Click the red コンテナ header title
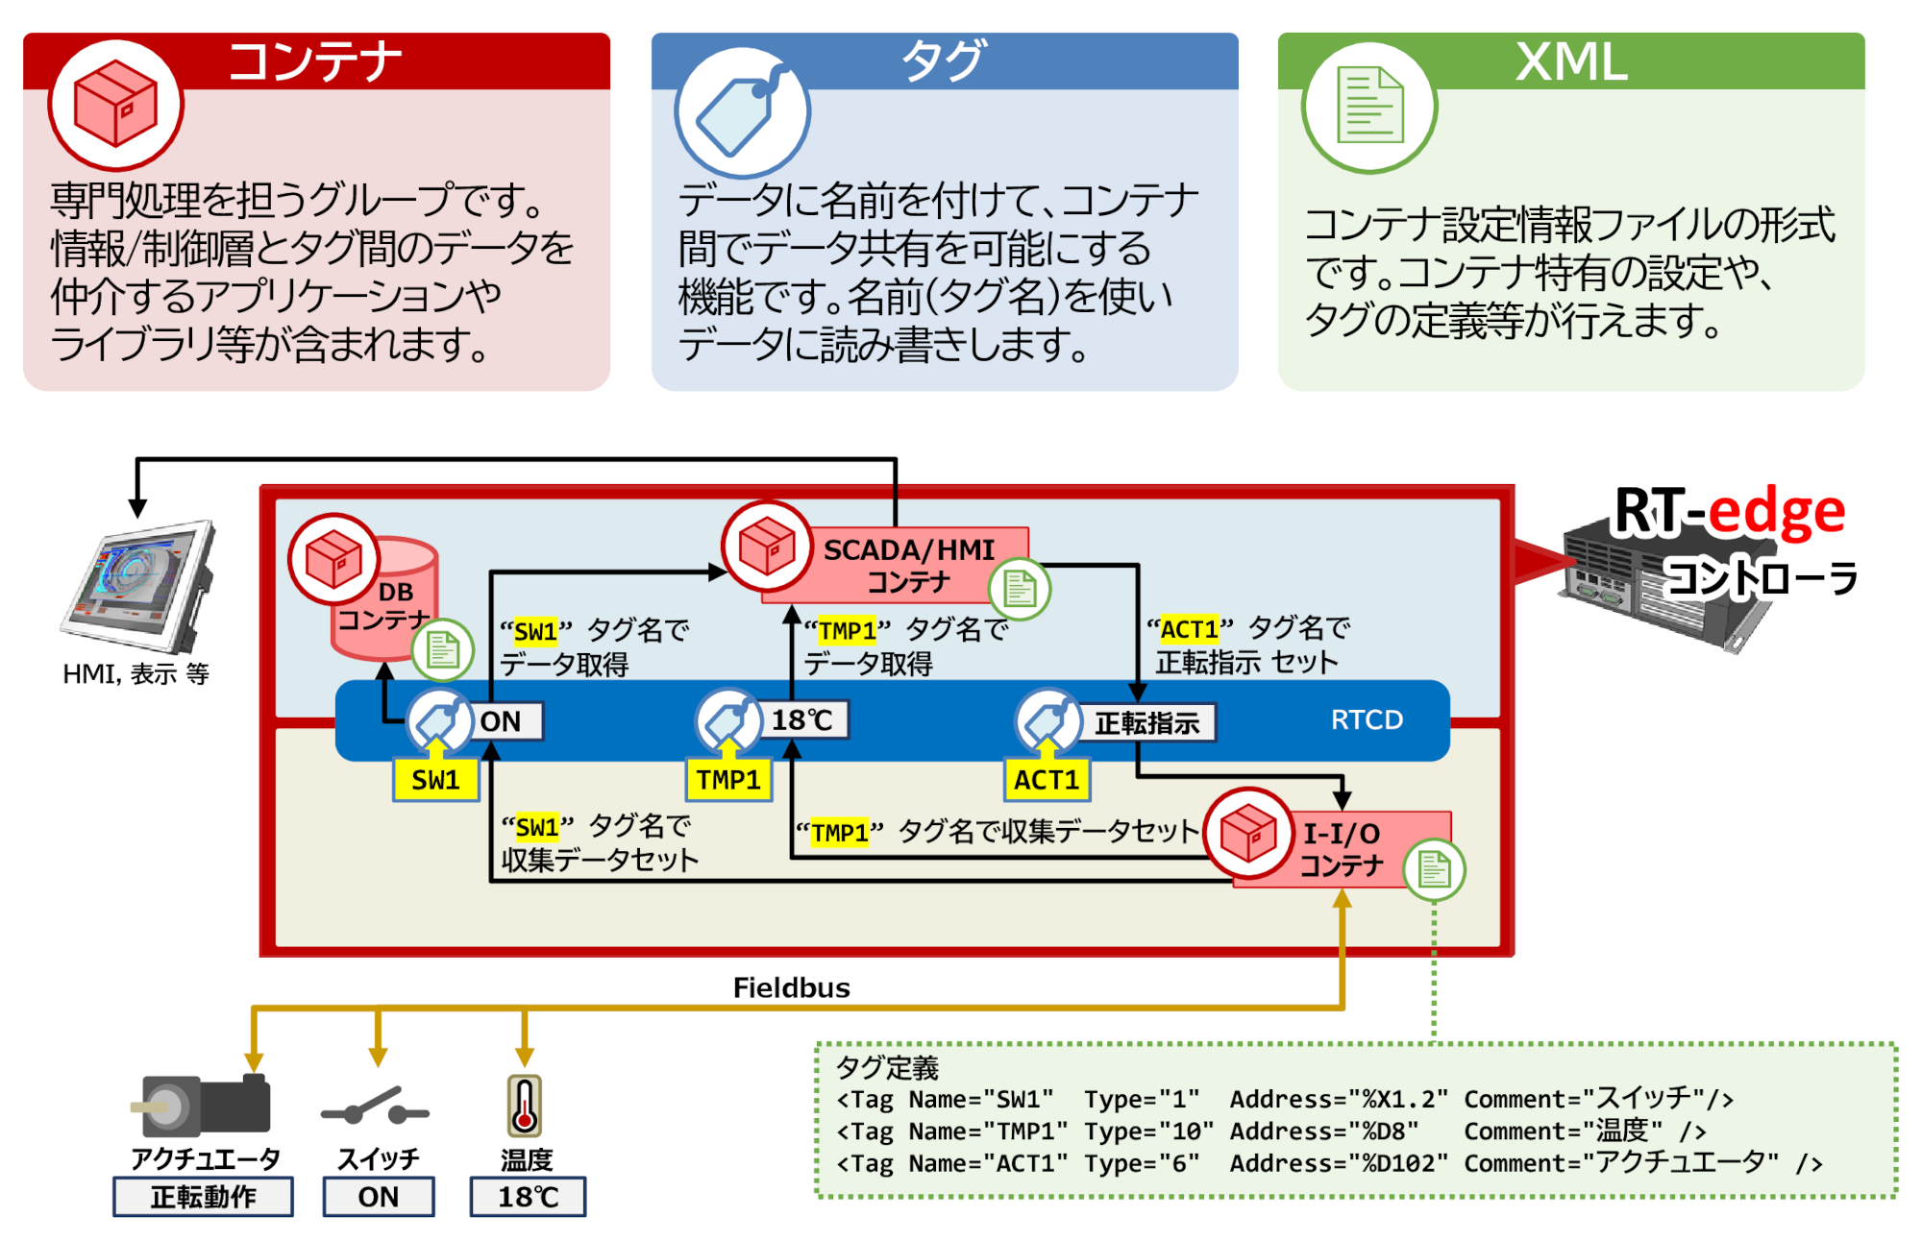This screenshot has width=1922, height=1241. pos(315,61)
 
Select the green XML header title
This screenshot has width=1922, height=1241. pos(1571,61)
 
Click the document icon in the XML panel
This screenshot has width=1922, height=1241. pos(1369,106)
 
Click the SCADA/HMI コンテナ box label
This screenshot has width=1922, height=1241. pos(908,565)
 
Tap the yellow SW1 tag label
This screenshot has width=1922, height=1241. pos(435,780)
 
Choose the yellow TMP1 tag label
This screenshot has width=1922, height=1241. pos(728,780)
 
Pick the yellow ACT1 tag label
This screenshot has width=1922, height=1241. pos(1047,780)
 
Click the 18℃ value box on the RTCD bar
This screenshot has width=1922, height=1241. pos(802,720)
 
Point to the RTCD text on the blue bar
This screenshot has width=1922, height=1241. pos(1367,719)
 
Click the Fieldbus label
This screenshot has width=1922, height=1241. pos(791,987)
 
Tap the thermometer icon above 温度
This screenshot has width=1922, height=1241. pos(524,1105)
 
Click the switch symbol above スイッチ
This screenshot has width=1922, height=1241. pos(376,1108)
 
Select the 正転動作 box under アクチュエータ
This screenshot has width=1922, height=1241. pos(203,1197)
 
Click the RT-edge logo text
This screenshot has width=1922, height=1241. pos(1729,512)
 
